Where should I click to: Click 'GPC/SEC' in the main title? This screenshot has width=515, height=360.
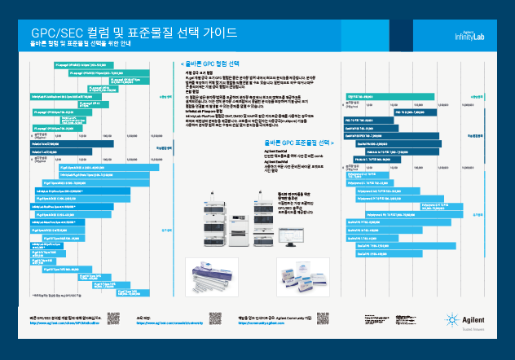tap(50, 33)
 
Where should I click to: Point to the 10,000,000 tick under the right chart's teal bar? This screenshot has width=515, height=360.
tap(470, 104)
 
